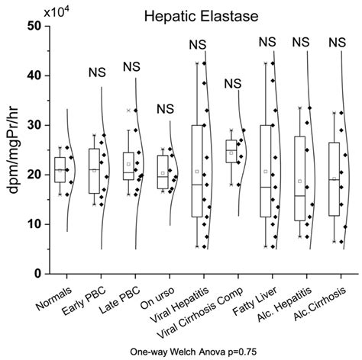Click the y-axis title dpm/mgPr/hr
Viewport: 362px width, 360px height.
[14, 149]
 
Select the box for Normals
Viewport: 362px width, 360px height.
[60, 169]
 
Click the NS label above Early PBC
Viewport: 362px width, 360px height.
[95, 72]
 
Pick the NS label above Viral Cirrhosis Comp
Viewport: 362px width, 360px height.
[232, 84]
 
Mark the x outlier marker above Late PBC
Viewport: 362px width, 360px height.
[128, 111]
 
